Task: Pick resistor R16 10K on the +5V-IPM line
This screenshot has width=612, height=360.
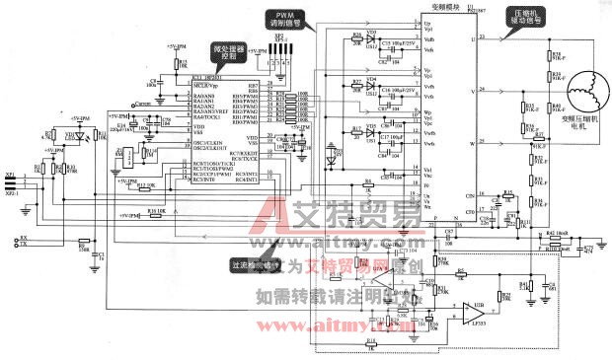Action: [x=154, y=212]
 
